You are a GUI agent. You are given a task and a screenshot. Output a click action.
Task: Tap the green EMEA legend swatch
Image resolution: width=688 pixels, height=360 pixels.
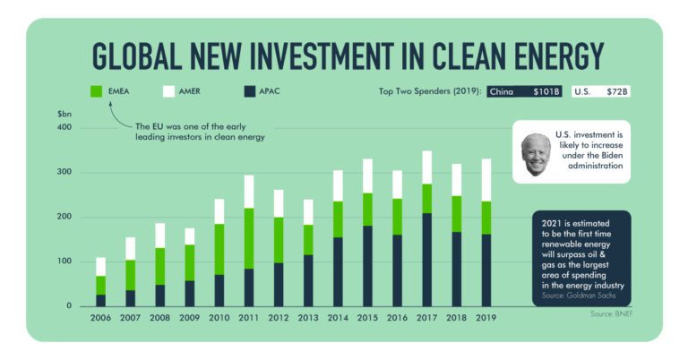[x=96, y=91]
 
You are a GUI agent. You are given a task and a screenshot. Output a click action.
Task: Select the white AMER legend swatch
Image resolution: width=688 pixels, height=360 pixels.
[x=168, y=91]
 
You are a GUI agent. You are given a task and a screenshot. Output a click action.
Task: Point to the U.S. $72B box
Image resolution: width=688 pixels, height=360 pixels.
[x=601, y=91]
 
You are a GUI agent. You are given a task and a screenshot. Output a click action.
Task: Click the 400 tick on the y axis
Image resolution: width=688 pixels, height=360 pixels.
[x=64, y=127]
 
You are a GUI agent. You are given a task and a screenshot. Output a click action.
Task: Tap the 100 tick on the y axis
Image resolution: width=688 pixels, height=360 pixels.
[x=64, y=261]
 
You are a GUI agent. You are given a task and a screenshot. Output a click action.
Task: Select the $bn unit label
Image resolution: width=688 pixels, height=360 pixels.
[x=64, y=114]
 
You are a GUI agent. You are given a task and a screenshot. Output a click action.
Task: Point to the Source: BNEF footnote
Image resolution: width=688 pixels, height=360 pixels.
[x=612, y=314]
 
